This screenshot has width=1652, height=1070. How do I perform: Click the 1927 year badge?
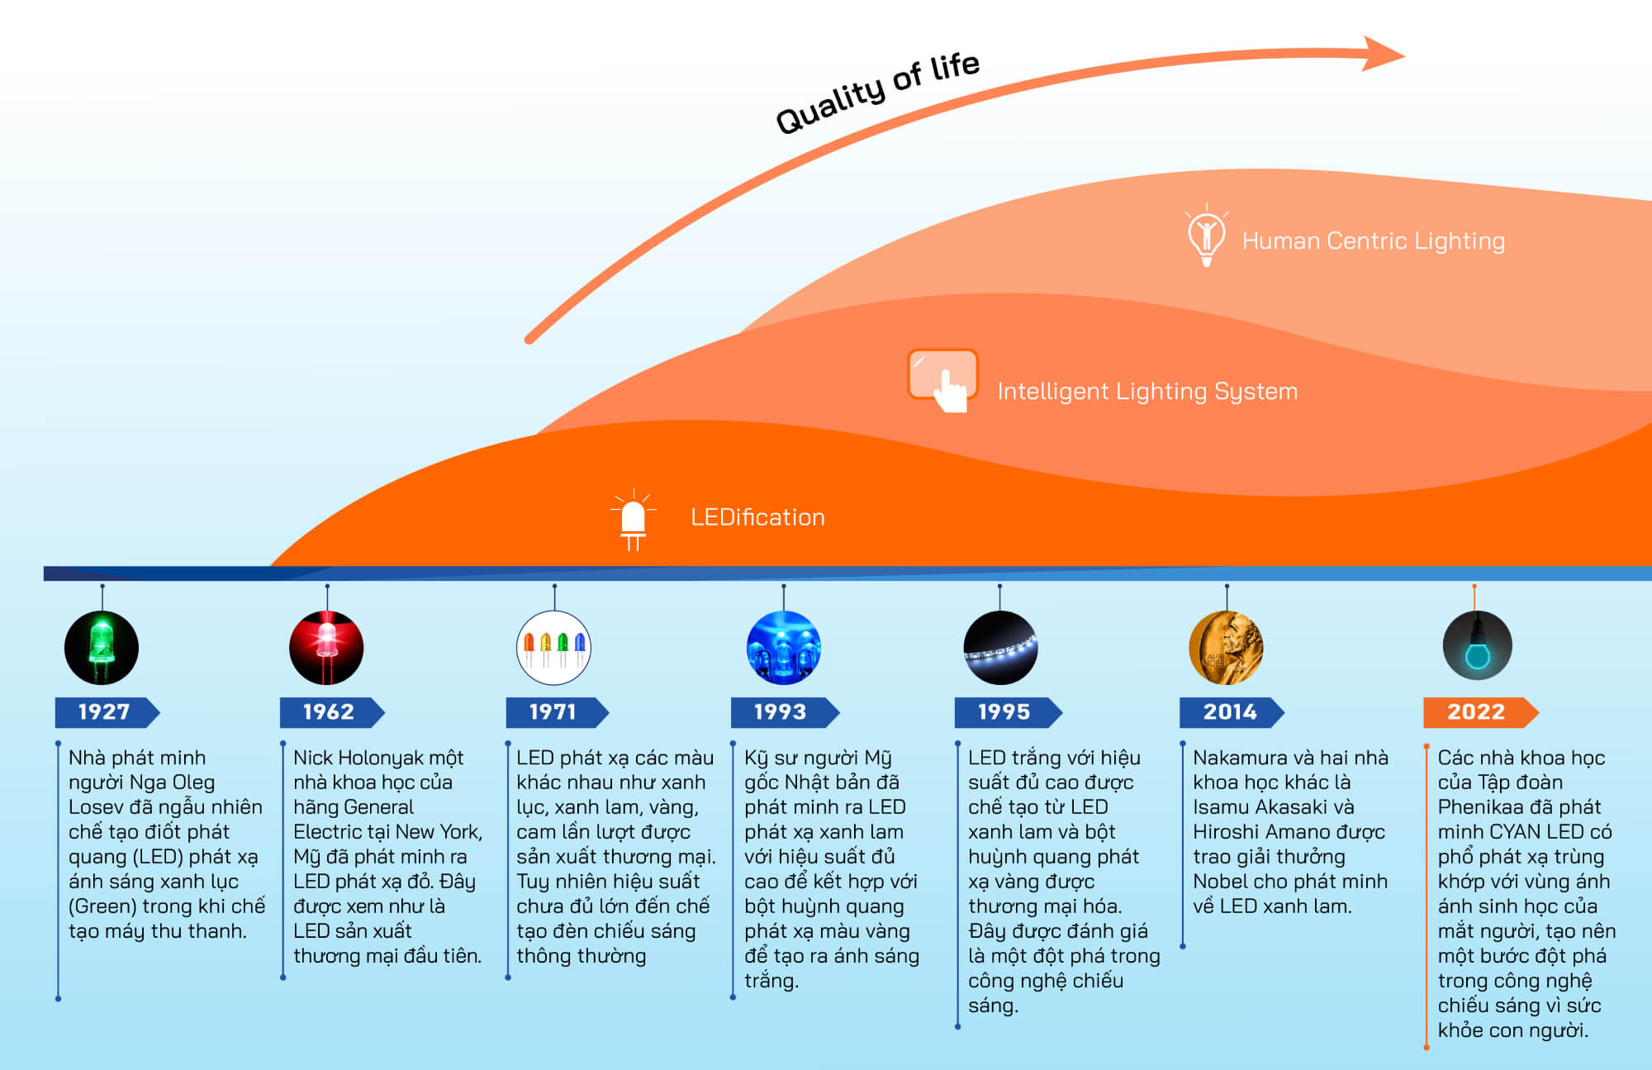(x=105, y=712)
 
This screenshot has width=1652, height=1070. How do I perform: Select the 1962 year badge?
(x=330, y=712)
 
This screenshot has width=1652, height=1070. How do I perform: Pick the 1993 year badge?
(x=781, y=712)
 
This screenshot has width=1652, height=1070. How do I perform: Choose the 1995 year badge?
(x=1005, y=712)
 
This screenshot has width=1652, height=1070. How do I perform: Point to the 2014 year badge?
(x=1230, y=712)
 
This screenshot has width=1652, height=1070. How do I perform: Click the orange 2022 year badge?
(x=1478, y=712)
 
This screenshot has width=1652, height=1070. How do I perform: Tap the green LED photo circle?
(x=102, y=648)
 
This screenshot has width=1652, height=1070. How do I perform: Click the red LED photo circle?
(x=326, y=648)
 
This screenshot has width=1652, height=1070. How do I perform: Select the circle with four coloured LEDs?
(x=554, y=648)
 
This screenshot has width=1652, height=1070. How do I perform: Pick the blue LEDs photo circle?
(x=783, y=648)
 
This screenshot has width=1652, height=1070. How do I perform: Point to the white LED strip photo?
(x=1000, y=648)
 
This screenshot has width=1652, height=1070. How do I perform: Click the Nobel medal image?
(x=1226, y=648)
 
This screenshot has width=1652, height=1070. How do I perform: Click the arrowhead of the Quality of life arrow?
(x=1383, y=54)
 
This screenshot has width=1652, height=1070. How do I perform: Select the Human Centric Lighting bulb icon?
(x=1206, y=235)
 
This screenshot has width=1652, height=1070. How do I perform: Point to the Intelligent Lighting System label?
(x=1147, y=392)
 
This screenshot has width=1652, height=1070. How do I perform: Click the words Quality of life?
(x=877, y=93)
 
